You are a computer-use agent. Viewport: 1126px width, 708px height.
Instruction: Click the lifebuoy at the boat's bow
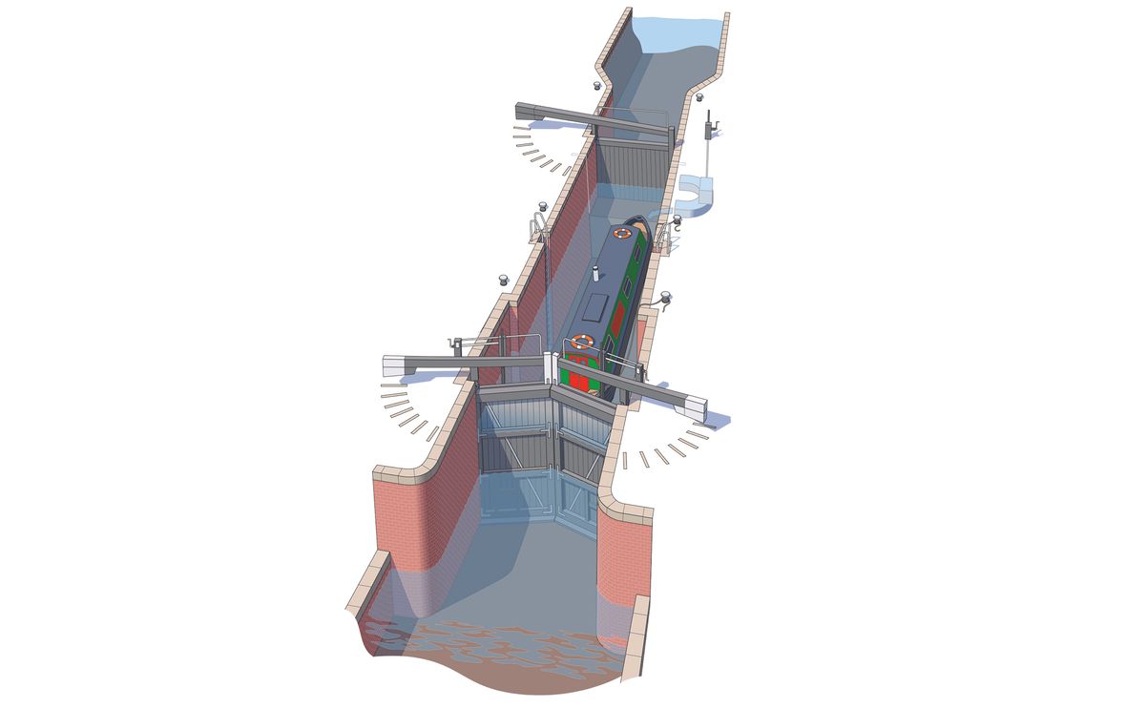[x=623, y=232]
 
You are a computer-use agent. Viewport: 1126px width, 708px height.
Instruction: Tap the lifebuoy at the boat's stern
[x=581, y=341]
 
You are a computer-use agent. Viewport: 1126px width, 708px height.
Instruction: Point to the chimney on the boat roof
[x=594, y=276]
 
